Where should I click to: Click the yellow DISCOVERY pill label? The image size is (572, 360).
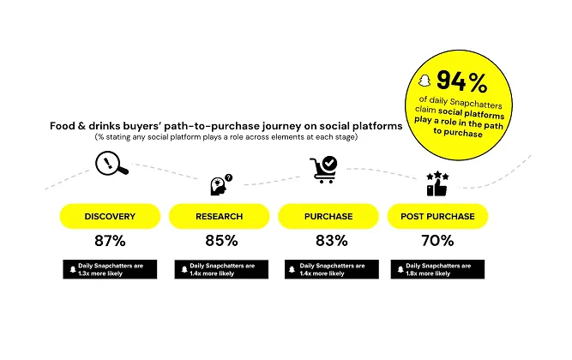(x=109, y=216)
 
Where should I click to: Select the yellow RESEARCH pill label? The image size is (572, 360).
(x=219, y=216)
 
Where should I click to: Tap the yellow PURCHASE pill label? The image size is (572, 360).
(x=328, y=216)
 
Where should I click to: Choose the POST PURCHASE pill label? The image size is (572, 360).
(x=438, y=216)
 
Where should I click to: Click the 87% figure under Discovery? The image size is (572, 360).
(x=109, y=241)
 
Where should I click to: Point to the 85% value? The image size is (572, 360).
(x=219, y=241)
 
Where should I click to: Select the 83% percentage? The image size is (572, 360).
(x=328, y=241)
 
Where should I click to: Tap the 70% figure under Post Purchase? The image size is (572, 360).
(x=438, y=241)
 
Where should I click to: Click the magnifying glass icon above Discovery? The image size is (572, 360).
(x=111, y=163)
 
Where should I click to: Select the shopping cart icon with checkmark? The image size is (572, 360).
(x=325, y=169)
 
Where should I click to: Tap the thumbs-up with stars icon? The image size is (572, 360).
(x=437, y=183)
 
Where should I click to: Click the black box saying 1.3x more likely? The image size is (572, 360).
(x=109, y=268)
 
